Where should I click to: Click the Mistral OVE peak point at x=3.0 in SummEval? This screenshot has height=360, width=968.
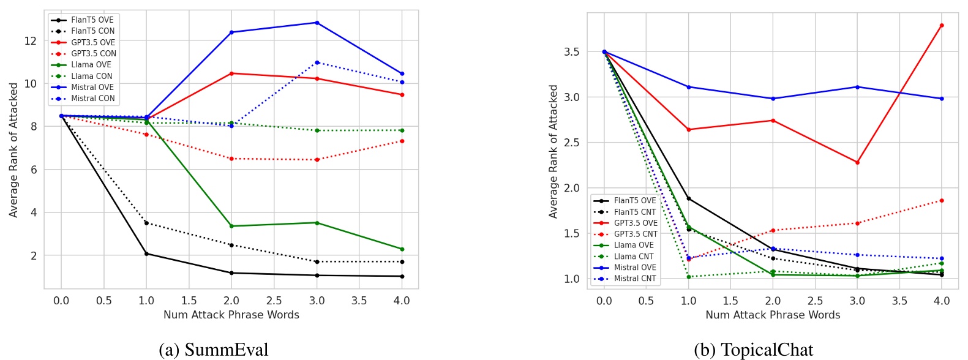pyautogui.click(x=317, y=23)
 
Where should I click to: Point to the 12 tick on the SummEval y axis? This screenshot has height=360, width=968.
pyautogui.click(x=30, y=41)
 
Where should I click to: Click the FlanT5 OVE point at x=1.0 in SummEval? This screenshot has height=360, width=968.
pyautogui.click(x=146, y=253)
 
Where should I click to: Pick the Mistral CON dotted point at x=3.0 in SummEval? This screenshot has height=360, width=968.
pyautogui.click(x=317, y=62)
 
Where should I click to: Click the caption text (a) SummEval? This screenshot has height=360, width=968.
pyautogui.click(x=213, y=350)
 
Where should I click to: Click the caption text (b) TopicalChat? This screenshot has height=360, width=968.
pyautogui.click(x=754, y=350)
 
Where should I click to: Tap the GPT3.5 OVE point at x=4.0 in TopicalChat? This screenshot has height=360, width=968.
pyautogui.click(x=941, y=26)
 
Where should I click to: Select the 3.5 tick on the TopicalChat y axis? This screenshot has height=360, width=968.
pyautogui.click(x=571, y=52)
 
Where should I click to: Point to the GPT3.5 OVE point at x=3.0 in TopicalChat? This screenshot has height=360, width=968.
pyautogui.click(x=857, y=162)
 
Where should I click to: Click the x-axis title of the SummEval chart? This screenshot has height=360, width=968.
pyautogui.click(x=231, y=315)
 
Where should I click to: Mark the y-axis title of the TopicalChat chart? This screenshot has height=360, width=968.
pyautogui.click(x=553, y=151)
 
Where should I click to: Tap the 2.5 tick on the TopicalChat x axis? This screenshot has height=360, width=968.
pyautogui.click(x=815, y=301)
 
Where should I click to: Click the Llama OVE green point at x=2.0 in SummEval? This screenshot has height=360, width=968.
pyautogui.click(x=231, y=226)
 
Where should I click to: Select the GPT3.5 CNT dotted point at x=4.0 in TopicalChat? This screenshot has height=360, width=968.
pyautogui.click(x=941, y=200)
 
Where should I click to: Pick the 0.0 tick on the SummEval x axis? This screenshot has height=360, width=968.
pyautogui.click(x=61, y=301)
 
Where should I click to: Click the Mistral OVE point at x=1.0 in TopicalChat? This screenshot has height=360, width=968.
pyautogui.click(x=688, y=87)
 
